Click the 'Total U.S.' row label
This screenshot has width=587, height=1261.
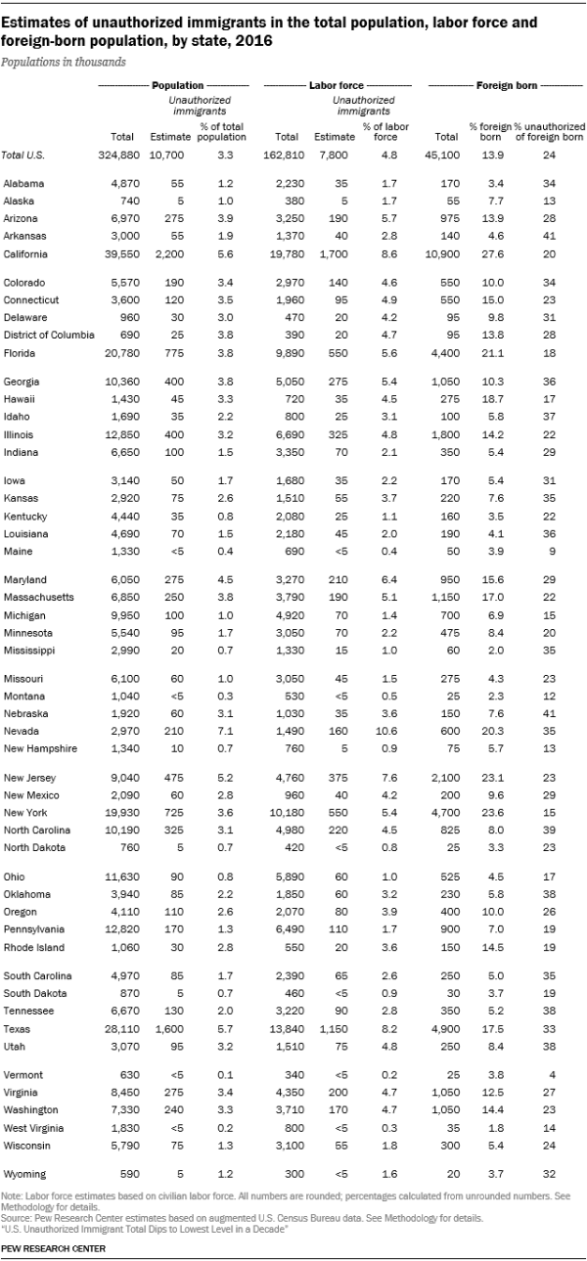click(24, 155)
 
